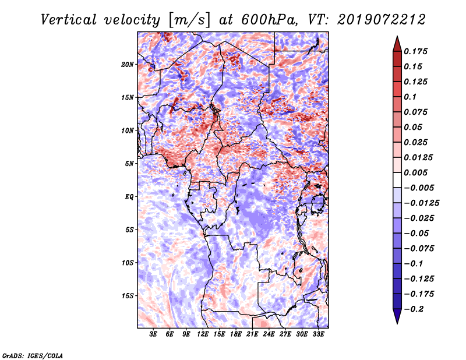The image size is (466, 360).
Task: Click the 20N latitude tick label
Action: (x=128, y=65)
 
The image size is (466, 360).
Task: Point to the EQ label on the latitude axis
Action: (x=129, y=197)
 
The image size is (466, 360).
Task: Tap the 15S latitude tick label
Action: (x=128, y=296)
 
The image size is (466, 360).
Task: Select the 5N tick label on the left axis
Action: (x=129, y=164)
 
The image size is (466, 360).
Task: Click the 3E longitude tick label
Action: (x=153, y=334)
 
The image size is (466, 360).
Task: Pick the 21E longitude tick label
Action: (x=252, y=334)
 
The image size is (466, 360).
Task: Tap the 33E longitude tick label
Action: (x=318, y=334)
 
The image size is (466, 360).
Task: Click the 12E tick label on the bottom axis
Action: (x=203, y=334)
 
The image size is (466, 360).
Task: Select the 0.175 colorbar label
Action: (x=415, y=51)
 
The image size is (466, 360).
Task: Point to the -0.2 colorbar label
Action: (x=414, y=309)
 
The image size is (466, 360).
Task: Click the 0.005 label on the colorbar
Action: (x=415, y=172)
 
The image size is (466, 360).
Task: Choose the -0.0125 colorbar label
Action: (x=421, y=203)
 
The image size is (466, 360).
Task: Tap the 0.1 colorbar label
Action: (x=410, y=97)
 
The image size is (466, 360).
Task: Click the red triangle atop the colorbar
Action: (x=397, y=44)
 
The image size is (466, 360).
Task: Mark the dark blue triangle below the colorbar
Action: (x=397, y=316)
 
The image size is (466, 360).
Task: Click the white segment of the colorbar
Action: (x=397, y=180)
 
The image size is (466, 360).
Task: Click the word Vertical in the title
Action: (x=69, y=20)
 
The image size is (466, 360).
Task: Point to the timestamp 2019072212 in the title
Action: (x=382, y=20)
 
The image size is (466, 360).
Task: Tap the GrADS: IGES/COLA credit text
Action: (x=33, y=355)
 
